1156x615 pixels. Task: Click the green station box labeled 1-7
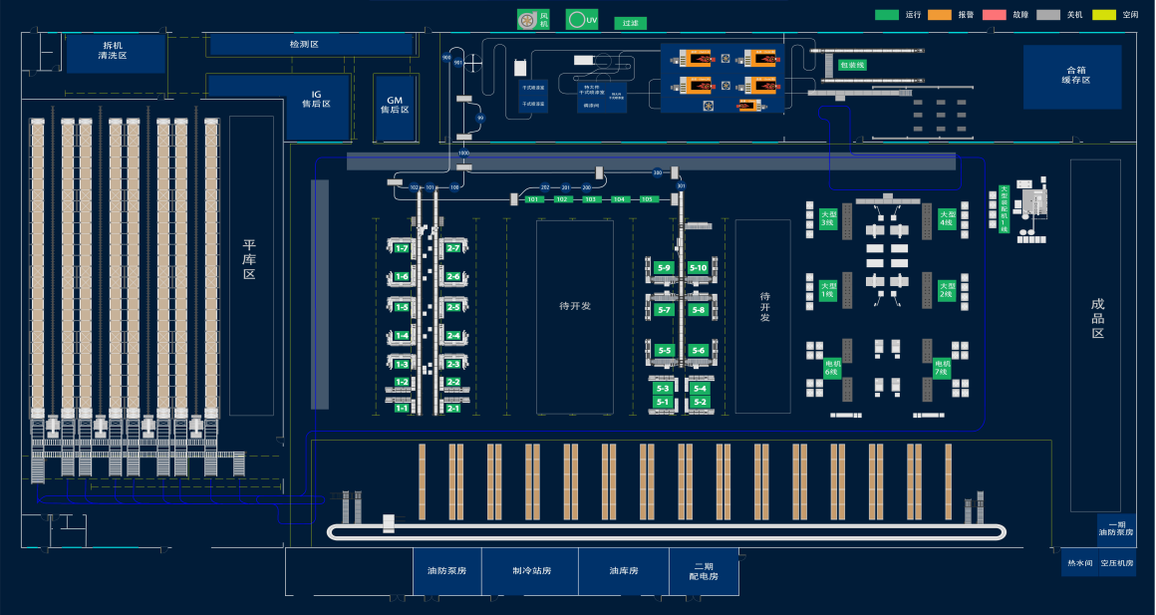[x=402, y=247]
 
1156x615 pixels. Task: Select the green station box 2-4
[x=453, y=336]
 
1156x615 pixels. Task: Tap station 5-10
[x=698, y=268]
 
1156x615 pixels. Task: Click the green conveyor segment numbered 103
[x=591, y=199]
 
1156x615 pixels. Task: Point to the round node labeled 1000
[x=463, y=153]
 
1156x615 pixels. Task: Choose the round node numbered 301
[x=682, y=186]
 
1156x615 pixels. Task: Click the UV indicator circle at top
[x=575, y=19]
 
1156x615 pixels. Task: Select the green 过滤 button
[x=629, y=23]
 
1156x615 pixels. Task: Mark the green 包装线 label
[x=852, y=66]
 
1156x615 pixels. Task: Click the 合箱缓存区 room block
[x=1071, y=76]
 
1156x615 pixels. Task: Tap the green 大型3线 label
[x=827, y=218]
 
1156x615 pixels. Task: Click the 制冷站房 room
[x=531, y=571]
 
